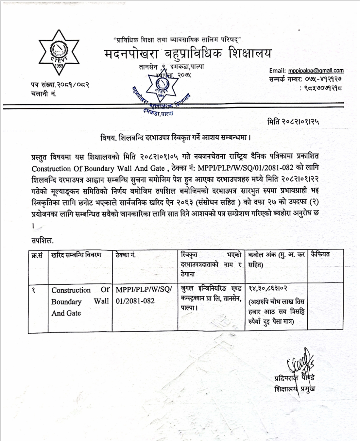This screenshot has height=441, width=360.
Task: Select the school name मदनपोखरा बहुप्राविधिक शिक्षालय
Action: click(x=188, y=53)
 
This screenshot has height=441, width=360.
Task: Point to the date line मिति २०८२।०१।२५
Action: click(x=293, y=122)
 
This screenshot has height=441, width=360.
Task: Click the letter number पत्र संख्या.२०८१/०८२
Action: click(x=60, y=85)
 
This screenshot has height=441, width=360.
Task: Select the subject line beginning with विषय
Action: click(x=176, y=137)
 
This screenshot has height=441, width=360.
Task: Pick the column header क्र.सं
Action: click(x=37, y=255)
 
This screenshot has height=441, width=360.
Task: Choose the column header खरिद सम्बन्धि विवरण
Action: click(x=76, y=255)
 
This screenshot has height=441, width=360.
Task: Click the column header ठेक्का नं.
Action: click(x=126, y=255)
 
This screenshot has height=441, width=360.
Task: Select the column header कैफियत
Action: click(x=320, y=254)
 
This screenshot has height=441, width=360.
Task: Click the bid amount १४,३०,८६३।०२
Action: click(x=268, y=289)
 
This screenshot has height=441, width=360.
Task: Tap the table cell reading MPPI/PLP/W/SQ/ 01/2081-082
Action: click(x=144, y=295)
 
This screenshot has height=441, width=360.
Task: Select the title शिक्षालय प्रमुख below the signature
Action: click(x=295, y=389)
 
